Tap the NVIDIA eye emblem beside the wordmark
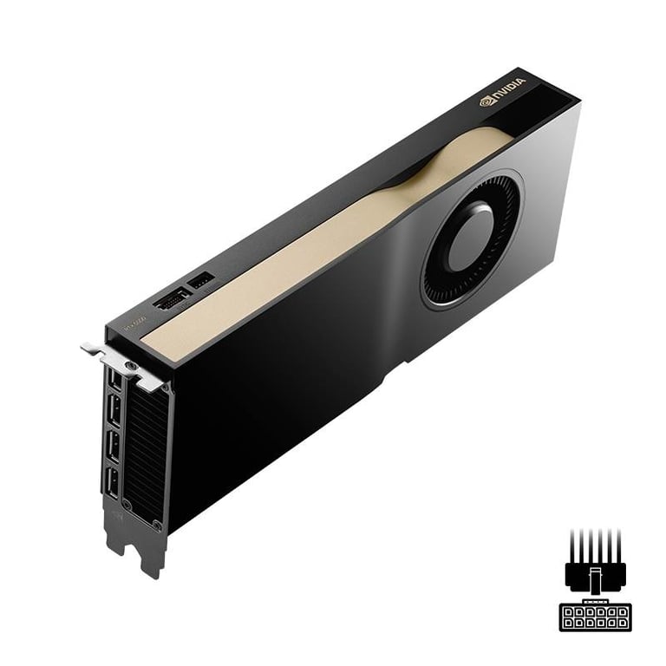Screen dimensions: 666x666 pos(486,101)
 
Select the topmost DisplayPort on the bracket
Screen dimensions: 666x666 pos(115,378)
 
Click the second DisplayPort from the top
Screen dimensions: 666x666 pos(114,411)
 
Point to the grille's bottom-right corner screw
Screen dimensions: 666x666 pos(157,525)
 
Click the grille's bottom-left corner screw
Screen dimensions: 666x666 pos(127,504)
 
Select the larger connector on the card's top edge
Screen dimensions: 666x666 pos(171,299)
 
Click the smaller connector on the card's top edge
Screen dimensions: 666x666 pos(200,281)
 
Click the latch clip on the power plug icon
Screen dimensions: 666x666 pos(595,578)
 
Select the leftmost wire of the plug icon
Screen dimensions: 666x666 pos(573,545)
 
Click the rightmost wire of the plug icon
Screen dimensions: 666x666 pos(617,545)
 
